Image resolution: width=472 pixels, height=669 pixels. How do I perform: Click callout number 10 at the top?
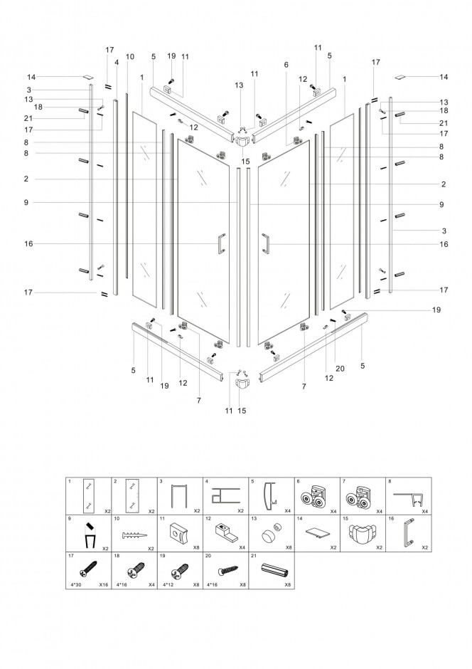(130, 56)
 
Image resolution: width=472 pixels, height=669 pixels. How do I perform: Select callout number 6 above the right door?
(286, 65)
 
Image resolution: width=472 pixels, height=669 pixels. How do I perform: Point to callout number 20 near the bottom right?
(340, 368)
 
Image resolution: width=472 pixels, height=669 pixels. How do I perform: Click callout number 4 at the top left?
(117, 63)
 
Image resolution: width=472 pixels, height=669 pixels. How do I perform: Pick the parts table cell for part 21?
(272, 571)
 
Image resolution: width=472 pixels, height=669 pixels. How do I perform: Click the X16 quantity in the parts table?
(104, 585)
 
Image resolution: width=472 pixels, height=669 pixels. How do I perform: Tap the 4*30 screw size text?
(74, 585)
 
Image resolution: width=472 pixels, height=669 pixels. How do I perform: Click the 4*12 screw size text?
(168, 585)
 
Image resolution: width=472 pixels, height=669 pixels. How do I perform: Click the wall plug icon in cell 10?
(134, 534)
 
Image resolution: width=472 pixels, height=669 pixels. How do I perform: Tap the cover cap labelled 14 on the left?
(87, 78)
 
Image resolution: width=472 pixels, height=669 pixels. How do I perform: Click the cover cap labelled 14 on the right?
(401, 78)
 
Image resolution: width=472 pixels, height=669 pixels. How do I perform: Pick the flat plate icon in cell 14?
(318, 533)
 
